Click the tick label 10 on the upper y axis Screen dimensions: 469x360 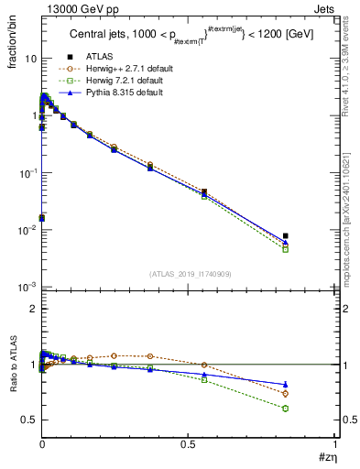click(x=30, y=58)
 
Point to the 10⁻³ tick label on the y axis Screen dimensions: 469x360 click(x=27, y=288)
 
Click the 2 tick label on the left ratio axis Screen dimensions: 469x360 click(x=33, y=310)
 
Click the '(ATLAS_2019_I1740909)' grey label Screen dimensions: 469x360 click(x=189, y=274)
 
